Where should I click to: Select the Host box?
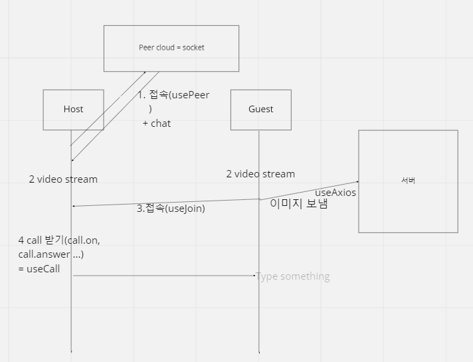pos(73,120)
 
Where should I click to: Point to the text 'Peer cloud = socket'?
pos(171,48)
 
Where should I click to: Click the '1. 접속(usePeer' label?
pos(174,95)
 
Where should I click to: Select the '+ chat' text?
pos(157,124)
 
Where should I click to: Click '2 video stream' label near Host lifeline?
pos(63,179)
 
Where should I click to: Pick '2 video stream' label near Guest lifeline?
pos(260,174)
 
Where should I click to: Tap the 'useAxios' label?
pos(335,193)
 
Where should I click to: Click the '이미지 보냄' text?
pos(299,205)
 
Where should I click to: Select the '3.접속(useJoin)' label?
pos(171,209)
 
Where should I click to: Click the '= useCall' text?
pos(39,268)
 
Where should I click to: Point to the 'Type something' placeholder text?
pos(293,276)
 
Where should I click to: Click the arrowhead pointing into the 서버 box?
pos(357,181)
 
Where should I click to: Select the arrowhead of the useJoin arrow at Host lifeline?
pos(74,206)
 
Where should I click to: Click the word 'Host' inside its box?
pos(73,109)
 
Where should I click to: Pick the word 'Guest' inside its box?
pos(260,109)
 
